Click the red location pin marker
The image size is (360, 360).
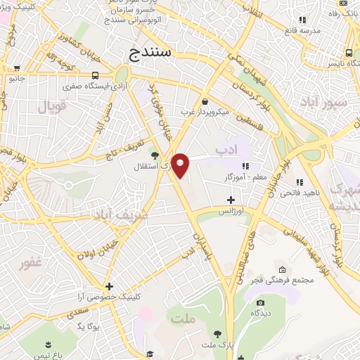[181, 165]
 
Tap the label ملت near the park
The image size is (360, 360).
[181, 319]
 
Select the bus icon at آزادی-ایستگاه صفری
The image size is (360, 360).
[95, 76]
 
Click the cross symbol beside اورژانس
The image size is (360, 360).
[231, 200]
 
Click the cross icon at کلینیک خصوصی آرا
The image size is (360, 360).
[109, 286]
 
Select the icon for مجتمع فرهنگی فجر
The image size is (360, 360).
[282, 270]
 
